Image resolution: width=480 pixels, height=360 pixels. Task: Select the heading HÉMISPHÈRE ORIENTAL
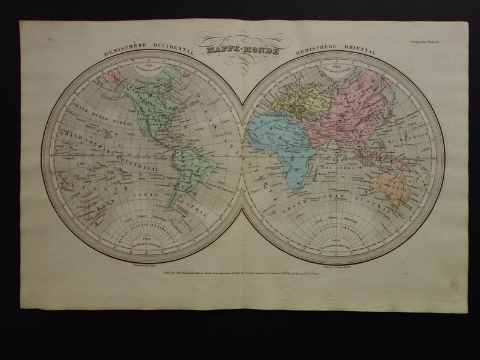tap(336, 52)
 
